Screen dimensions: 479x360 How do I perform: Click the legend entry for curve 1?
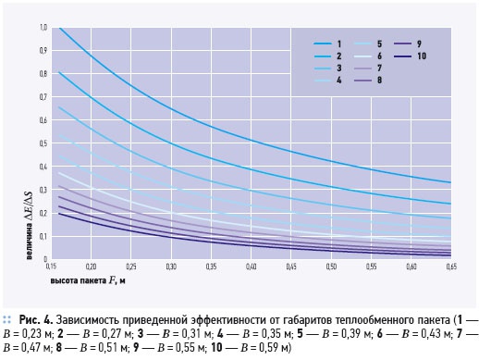pos(327,43)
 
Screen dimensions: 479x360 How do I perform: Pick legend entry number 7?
pos(368,68)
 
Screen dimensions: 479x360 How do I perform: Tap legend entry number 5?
pos(368,43)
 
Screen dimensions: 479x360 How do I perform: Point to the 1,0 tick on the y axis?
pos(43,27)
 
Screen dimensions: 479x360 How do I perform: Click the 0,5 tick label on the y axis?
pos(43,143)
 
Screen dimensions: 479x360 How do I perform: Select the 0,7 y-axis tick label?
pos(43,97)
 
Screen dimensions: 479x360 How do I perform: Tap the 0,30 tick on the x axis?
pos(171,267)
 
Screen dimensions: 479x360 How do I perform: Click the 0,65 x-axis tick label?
pos(451,267)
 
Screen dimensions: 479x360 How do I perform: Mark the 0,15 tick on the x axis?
pos(51,267)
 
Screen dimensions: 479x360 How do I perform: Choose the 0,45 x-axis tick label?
pos(291,267)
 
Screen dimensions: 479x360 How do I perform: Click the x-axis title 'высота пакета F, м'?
pos(88,280)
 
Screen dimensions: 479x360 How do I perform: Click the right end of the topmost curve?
pos(451,182)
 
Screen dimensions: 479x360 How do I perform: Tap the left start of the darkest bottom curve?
pos(58,213)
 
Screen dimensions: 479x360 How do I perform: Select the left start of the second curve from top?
pos(58,72)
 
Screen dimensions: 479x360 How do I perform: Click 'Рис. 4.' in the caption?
pos(36,320)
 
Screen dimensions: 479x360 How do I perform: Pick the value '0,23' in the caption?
pos(31,334)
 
